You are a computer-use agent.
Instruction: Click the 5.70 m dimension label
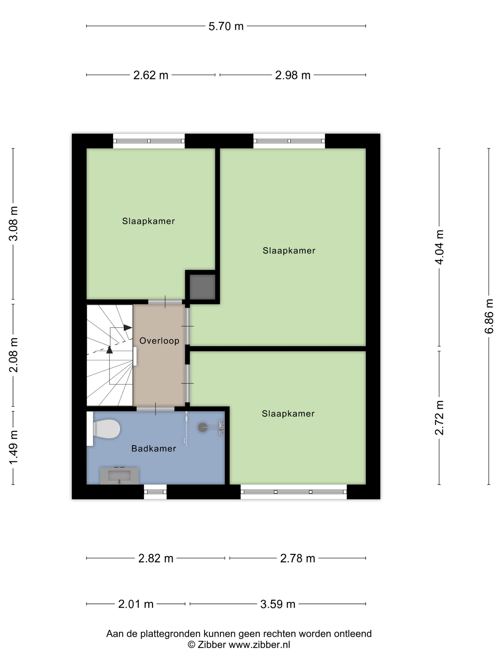pyautogui.click(x=226, y=26)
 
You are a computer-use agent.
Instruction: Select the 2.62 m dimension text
pyautogui.click(x=151, y=75)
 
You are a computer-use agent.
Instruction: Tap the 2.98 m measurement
pyautogui.click(x=293, y=75)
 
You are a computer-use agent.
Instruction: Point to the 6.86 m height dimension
pyautogui.click(x=489, y=316)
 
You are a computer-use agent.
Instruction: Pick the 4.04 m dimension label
pyautogui.click(x=439, y=247)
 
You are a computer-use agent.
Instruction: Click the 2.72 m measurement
pyautogui.click(x=439, y=418)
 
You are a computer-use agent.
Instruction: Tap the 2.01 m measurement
pyautogui.click(x=136, y=604)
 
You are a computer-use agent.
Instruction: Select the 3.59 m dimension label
pyautogui.click(x=278, y=604)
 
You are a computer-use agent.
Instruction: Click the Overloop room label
pyautogui.click(x=159, y=341)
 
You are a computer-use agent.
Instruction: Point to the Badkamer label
pyautogui.click(x=154, y=449)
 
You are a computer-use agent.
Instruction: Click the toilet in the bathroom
pyautogui.click(x=104, y=429)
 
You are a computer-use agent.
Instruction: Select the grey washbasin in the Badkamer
pyautogui.click(x=119, y=475)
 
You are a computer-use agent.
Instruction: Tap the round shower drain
pyautogui.click(x=202, y=428)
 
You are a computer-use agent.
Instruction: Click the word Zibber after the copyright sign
pyautogui.click(x=212, y=645)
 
